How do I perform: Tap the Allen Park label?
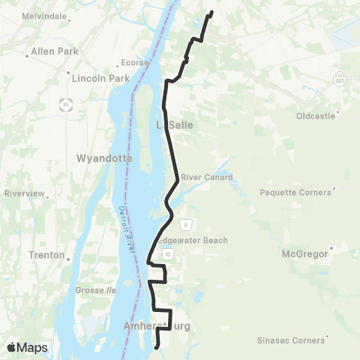tap(52, 52)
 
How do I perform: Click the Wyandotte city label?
tap(104, 159)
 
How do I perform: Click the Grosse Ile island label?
tap(94, 289)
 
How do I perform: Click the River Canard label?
tap(206, 177)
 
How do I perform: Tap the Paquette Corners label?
tap(295, 192)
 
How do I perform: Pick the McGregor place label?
tap(304, 254)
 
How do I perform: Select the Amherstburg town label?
tap(157, 326)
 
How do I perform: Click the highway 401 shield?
tap(340, 77)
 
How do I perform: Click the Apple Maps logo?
tap(28, 347)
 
